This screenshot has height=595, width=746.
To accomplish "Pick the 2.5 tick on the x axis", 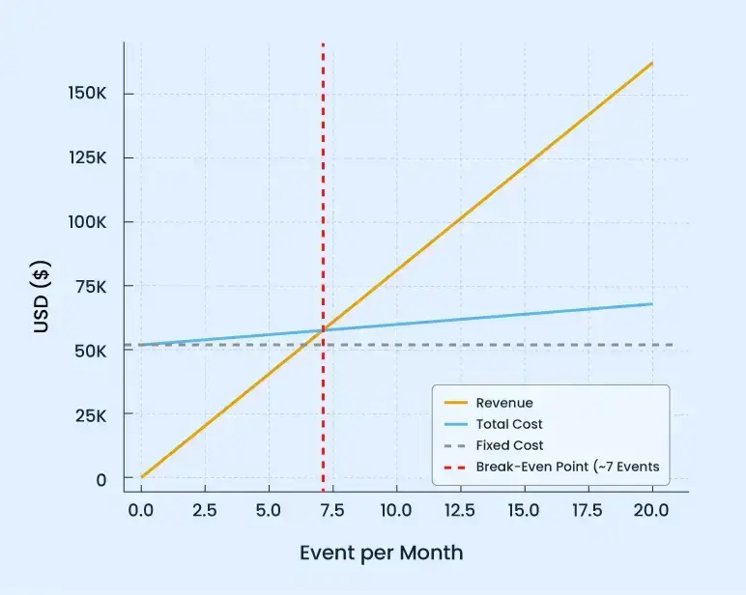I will coord(205,509).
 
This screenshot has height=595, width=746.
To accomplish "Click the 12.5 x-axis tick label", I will coord(460,509).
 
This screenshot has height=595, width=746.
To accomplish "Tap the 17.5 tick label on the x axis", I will coord(588,509).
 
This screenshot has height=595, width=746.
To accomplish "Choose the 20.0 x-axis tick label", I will coord(652,509).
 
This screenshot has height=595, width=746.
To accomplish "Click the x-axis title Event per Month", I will coord(381,553).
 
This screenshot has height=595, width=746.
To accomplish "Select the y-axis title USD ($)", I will coord(42,298).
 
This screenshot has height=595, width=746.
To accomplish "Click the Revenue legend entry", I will coord(503,402).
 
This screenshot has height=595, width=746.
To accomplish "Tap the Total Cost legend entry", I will coord(508,424).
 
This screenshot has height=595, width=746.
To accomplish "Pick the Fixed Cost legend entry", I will coord(509,445).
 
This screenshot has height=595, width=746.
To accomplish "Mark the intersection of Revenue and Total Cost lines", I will coord(323,330).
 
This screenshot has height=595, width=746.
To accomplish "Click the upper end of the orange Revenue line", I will coord(652,63).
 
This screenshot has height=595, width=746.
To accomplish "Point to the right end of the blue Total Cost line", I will coord(652,304).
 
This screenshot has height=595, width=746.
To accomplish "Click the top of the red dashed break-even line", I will coord(323,44).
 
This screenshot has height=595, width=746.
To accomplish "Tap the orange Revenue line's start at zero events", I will coord(141,477).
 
